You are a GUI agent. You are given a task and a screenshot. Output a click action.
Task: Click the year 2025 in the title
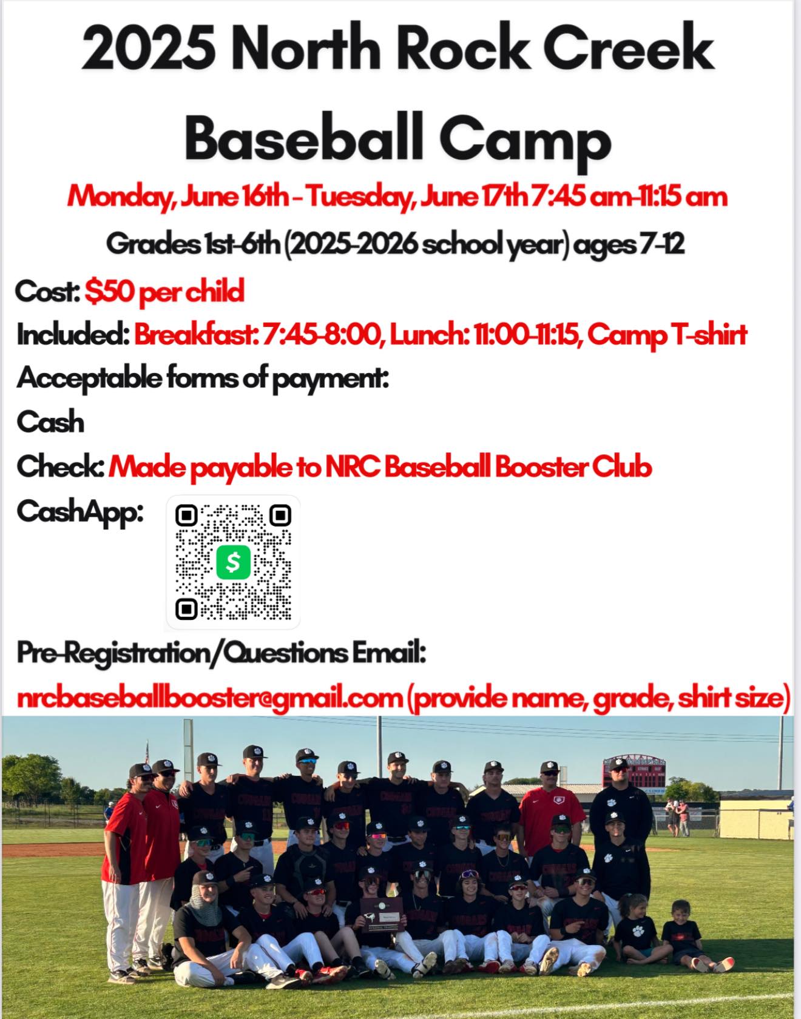pos(149,50)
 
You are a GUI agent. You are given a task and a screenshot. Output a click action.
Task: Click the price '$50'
pos(110,291)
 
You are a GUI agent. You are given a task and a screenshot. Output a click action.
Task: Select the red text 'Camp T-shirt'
pos(667,335)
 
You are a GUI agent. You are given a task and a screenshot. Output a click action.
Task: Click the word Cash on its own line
pos(50,422)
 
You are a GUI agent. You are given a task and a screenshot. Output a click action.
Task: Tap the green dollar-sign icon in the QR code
pos(234,562)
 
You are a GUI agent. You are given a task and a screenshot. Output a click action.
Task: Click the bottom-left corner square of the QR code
pos(186,608)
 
